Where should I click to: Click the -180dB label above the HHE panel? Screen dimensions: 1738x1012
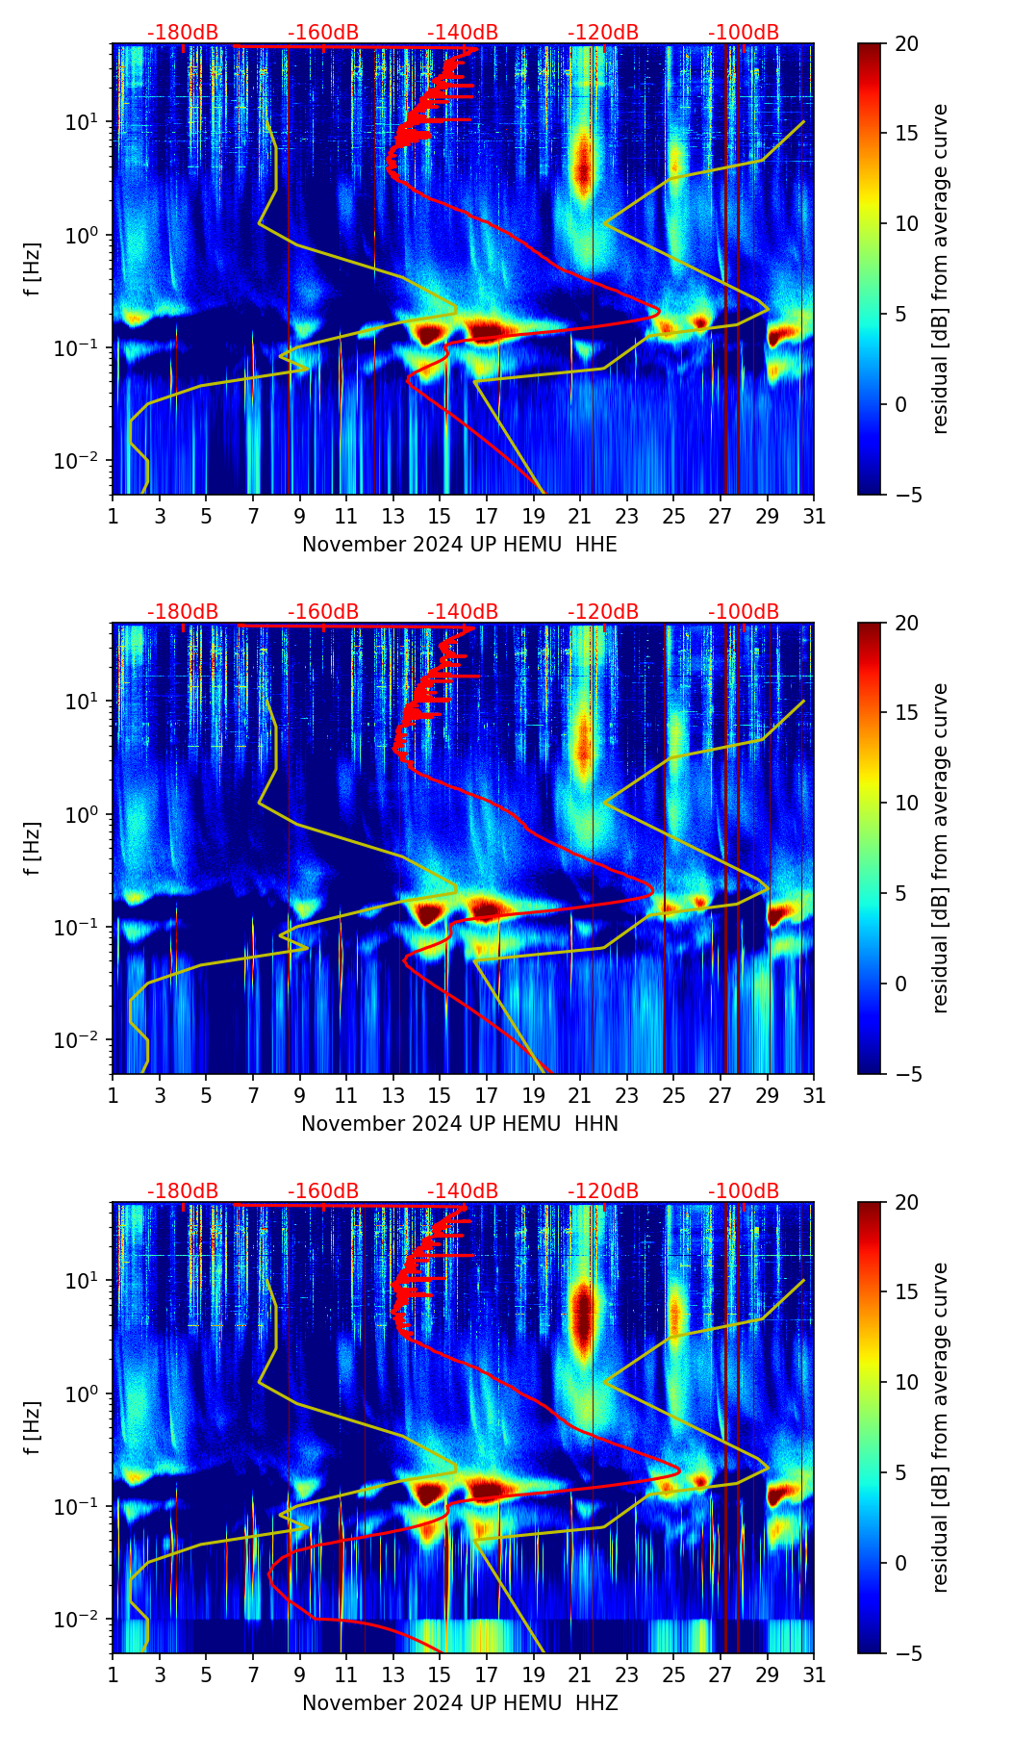(183, 33)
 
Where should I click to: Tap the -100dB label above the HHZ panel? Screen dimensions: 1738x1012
(744, 1191)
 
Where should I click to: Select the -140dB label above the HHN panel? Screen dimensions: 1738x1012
(463, 612)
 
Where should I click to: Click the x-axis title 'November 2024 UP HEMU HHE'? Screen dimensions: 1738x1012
(460, 545)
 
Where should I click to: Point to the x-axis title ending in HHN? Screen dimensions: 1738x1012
(460, 1124)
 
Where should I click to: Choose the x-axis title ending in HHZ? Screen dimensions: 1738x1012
(460, 1703)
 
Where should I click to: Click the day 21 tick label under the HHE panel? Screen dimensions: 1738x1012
(580, 517)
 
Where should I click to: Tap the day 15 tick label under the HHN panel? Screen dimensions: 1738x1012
(440, 1096)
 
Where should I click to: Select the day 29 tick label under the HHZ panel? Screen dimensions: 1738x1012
(768, 1675)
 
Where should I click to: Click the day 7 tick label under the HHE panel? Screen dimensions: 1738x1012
(253, 517)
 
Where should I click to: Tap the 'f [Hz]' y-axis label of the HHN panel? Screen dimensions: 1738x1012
(34, 848)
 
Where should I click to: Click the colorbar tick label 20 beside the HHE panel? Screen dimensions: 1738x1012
(906, 44)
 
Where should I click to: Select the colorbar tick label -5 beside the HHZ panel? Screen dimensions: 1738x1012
(906, 1653)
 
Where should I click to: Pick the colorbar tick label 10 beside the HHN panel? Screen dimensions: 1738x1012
(906, 803)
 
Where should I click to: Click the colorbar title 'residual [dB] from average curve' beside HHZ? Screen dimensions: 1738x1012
(941, 1427)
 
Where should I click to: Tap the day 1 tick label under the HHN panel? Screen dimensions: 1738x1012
(113, 1096)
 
